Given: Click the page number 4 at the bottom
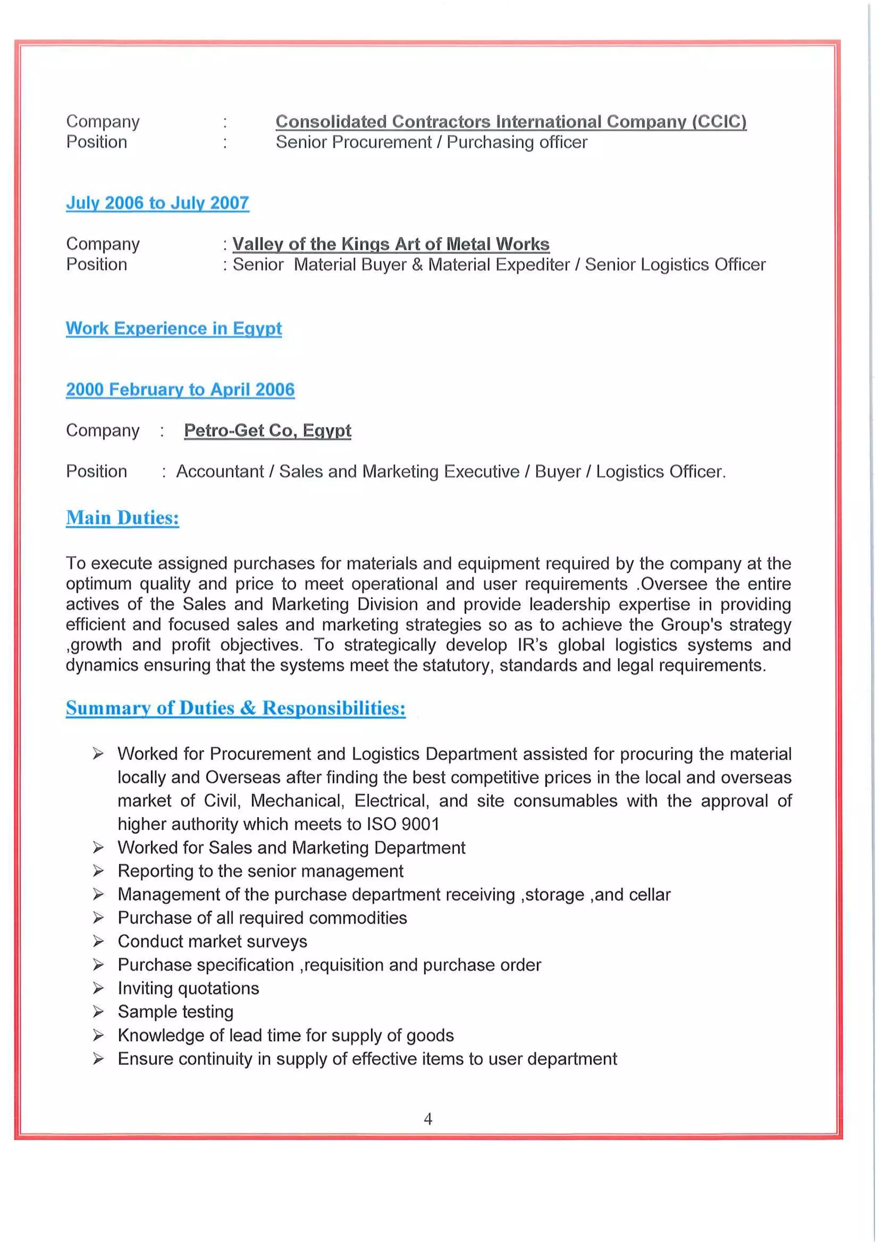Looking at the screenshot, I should click(427, 1118).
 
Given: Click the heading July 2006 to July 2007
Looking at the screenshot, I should click(157, 203).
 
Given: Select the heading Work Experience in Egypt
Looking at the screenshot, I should click(174, 329).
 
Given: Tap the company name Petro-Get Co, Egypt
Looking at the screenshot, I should click(267, 430).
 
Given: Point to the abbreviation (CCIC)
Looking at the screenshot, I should click(719, 121).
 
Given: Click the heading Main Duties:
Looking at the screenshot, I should click(122, 518).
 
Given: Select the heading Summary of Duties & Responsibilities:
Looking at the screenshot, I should click(236, 708).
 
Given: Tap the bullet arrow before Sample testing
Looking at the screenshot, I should click(98, 1011).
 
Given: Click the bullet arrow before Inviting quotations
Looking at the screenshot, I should click(98, 988).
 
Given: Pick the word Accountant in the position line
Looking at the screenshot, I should click(220, 471).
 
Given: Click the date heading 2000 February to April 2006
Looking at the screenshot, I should click(180, 389).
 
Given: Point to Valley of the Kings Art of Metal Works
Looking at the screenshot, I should click(391, 244).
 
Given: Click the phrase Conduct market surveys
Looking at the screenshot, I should click(212, 941).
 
